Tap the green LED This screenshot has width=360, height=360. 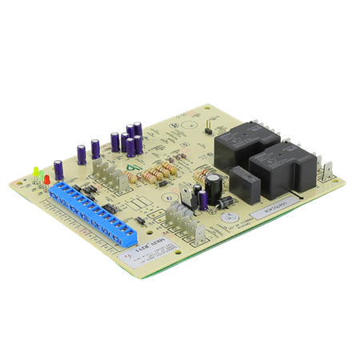(x=36, y=170)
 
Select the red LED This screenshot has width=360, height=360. (x=47, y=178)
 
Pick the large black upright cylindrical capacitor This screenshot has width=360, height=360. (x=213, y=189)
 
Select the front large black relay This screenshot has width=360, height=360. (x=278, y=170)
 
